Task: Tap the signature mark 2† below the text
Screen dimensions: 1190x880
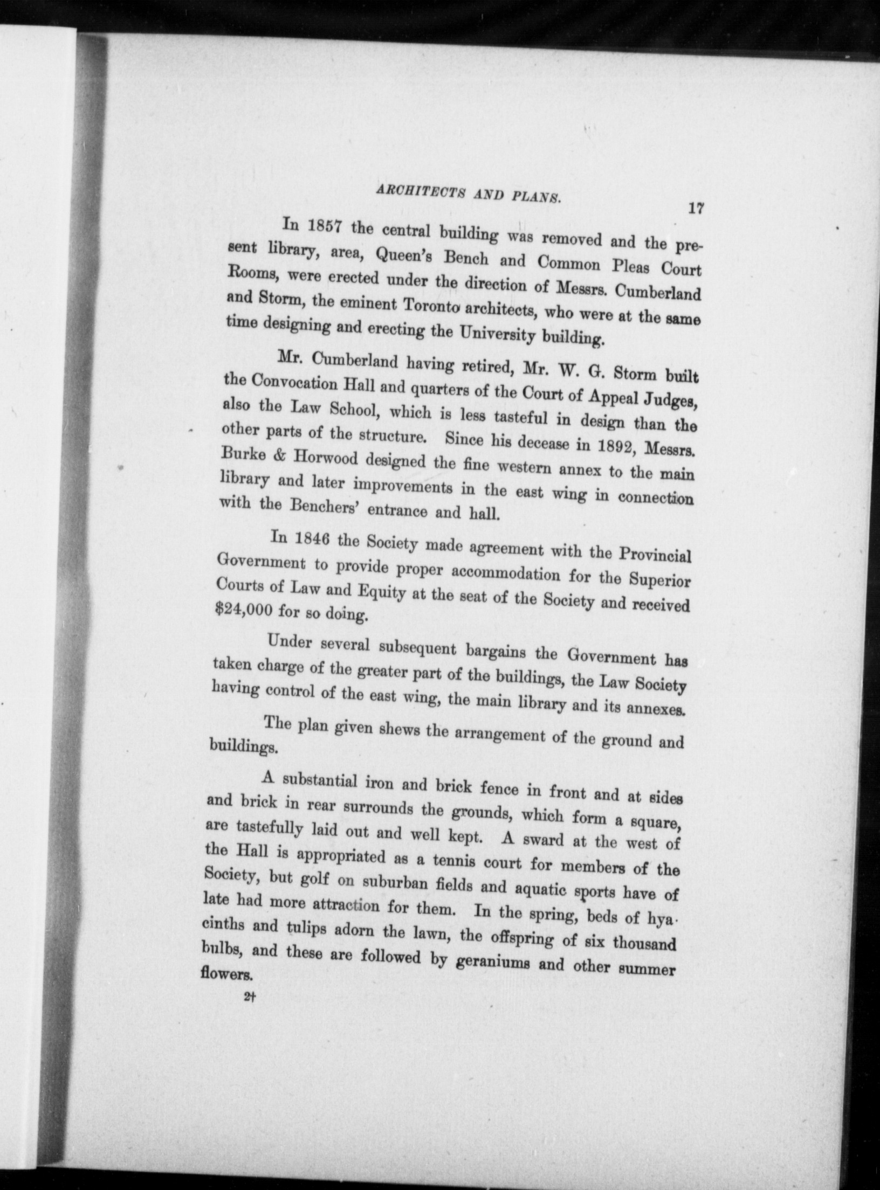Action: point(249,998)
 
